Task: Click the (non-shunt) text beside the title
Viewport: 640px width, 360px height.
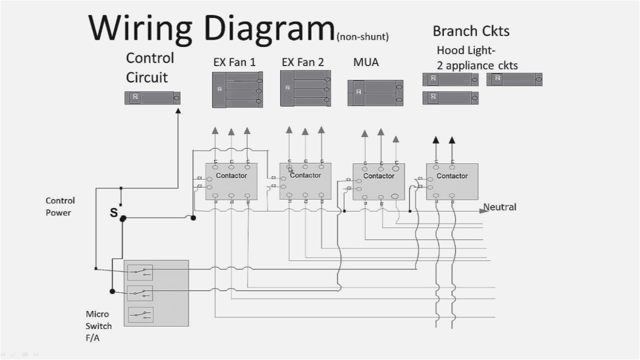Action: click(x=362, y=37)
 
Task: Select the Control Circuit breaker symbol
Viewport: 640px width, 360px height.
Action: click(x=153, y=97)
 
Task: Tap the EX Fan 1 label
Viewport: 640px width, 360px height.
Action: click(x=235, y=62)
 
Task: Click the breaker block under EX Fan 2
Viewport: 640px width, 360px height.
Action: click(x=305, y=89)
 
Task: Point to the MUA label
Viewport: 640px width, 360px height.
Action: click(x=366, y=62)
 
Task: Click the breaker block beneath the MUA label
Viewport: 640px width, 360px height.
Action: click(x=375, y=93)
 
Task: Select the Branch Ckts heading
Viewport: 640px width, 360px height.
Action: click(x=471, y=31)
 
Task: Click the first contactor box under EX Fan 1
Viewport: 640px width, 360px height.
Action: click(x=231, y=181)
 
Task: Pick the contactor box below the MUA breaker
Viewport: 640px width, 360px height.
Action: click(x=379, y=182)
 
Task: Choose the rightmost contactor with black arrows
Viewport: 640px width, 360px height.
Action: click(x=452, y=182)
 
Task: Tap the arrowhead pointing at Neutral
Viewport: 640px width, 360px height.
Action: click(x=485, y=209)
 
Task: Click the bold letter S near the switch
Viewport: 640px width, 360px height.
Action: click(x=113, y=212)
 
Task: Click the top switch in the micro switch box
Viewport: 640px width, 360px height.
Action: click(x=140, y=271)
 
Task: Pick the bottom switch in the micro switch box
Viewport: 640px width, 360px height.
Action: click(x=140, y=314)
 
